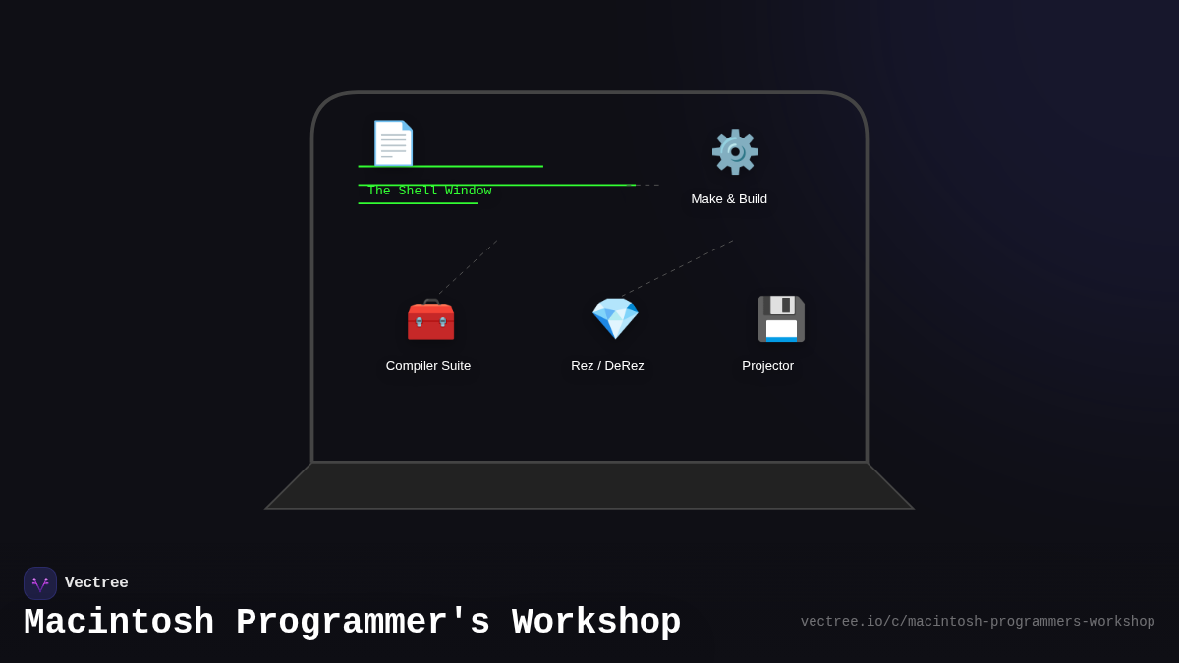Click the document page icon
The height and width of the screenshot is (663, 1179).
point(393,143)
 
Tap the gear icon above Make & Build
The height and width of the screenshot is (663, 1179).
point(735,152)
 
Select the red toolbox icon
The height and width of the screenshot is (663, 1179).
point(430,319)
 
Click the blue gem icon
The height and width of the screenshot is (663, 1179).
point(615,318)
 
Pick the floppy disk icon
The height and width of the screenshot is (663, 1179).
point(780,319)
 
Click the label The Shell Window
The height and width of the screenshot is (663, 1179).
point(429,192)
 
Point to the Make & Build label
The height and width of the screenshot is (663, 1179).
point(729,199)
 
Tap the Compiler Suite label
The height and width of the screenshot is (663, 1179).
point(428,366)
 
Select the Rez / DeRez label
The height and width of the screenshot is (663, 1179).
point(607,366)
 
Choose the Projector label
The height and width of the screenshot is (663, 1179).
point(767,366)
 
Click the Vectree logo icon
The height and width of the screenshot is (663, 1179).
point(40,583)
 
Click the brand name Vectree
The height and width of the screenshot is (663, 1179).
point(96,583)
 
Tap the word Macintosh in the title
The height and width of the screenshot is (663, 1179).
point(119,623)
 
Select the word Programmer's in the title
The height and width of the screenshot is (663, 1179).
point(363,623)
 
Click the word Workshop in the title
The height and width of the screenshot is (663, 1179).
point(596,623)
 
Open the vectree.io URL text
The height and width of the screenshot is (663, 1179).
point(978,622)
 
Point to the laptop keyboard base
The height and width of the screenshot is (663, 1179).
point(589,486)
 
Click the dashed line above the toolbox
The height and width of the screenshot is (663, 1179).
point(468,267)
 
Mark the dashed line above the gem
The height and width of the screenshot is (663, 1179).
point(678,267)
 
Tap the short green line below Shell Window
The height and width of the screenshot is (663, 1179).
point(418,203)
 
